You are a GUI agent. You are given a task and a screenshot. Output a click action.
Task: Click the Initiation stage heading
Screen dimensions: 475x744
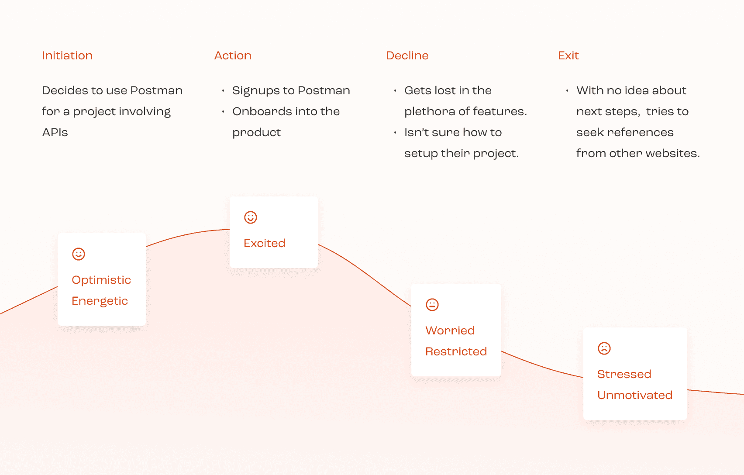point(67,55)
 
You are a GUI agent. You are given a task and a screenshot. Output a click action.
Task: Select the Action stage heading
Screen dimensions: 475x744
point(233,55)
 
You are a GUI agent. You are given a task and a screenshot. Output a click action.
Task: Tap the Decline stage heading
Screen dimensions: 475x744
point(407,55)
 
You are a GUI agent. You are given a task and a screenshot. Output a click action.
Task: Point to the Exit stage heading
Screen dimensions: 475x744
point(568,55)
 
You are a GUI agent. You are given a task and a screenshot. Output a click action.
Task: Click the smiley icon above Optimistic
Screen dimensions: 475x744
point(79,254)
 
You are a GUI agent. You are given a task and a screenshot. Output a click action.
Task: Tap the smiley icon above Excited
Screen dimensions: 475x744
point(251,217)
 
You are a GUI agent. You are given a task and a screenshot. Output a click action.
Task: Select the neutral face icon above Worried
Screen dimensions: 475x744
point(432,305)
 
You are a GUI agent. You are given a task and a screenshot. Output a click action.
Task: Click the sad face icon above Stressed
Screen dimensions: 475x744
point(604,348)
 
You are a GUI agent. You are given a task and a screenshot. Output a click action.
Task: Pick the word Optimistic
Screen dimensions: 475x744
point(101,280)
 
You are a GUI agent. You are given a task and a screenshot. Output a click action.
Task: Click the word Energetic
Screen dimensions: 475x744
point(100,301)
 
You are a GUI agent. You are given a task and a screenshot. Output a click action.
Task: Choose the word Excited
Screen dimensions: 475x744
point(265,243)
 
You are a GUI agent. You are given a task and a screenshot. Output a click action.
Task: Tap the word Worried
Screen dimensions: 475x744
point(450,330)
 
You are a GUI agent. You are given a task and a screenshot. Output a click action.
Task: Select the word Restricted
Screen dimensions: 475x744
point(456,351)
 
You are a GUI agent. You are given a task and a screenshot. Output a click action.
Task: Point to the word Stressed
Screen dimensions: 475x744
point(624,374)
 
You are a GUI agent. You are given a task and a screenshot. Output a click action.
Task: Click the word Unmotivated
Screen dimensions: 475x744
point(634,395)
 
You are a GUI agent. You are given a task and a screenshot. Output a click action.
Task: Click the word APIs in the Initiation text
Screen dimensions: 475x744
point(55,132)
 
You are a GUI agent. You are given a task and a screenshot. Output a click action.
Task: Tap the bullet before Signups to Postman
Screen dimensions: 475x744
point(223,91)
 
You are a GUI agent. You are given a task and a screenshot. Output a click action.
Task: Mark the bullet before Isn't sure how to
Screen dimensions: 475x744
point(395,133)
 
